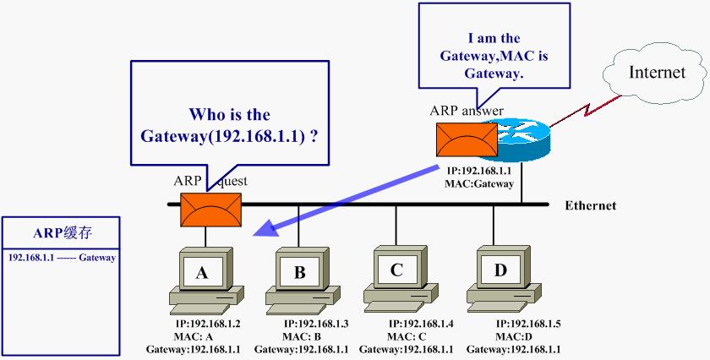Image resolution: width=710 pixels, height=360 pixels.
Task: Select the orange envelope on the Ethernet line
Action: pos(210,208)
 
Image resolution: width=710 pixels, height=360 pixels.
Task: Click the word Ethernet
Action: pos(590,205)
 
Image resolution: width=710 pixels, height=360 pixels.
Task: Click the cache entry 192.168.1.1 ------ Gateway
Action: pos(61,257)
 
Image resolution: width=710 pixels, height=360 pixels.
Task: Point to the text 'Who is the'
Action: pos(229,115)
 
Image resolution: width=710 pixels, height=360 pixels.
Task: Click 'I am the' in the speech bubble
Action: pos(494,38)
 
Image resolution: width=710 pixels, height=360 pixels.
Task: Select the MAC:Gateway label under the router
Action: pos(478,183)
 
